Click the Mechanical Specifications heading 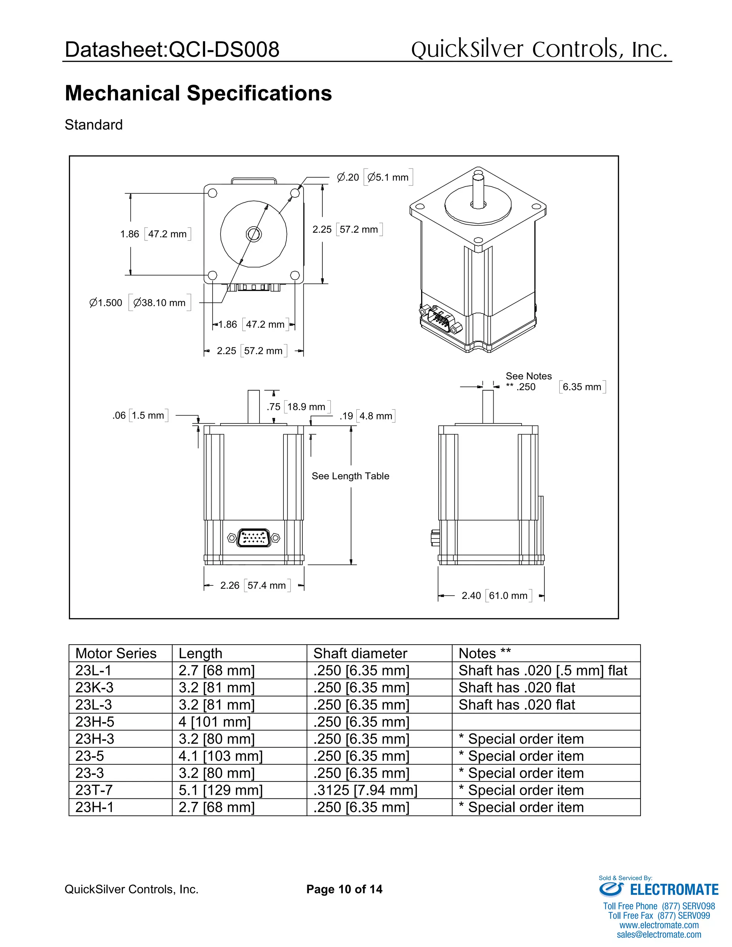click(x=198, y=93)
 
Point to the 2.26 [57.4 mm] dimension click(x=253, y=585)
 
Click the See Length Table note click(x=350, y=476)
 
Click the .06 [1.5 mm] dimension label click(x=139, y=415)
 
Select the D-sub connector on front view click(x=254, y=538)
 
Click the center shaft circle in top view click(x=254, y=234)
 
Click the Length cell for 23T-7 click(x=221, y=790)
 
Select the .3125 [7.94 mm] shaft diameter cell click(x=365, y=790)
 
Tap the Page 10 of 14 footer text click(x=344, y=889)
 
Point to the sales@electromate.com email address click(x=659, y=934)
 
